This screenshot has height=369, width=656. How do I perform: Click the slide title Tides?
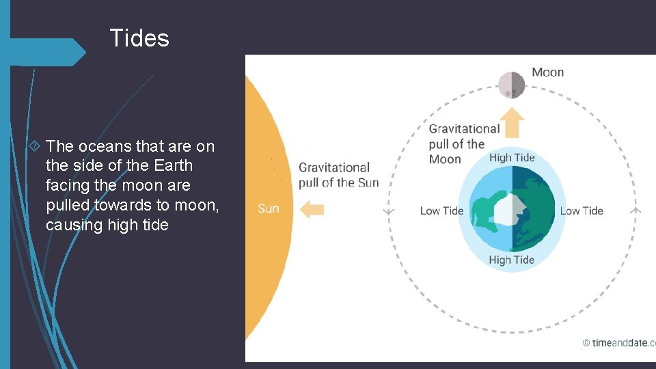coord(139,38)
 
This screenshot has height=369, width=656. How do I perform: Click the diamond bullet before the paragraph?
coord(36,146)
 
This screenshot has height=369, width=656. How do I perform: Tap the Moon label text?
coord(547,72)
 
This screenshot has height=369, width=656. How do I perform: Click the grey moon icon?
coord(511,85)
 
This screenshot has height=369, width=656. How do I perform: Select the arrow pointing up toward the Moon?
coord(511,123)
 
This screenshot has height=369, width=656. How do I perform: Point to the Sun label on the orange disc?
coord(268,208)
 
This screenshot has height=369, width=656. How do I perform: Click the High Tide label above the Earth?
coord(511,158)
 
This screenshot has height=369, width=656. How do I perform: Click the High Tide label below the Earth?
coord(511,260)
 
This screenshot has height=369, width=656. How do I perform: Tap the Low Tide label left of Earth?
coord(441,210)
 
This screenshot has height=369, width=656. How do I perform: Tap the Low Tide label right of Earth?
coord(582,210)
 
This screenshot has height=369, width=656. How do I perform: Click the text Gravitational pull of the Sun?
coord(338,175)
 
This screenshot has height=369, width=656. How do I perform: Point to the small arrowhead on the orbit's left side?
coord(389,211)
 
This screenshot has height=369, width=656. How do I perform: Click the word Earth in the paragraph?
coord(174,165)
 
